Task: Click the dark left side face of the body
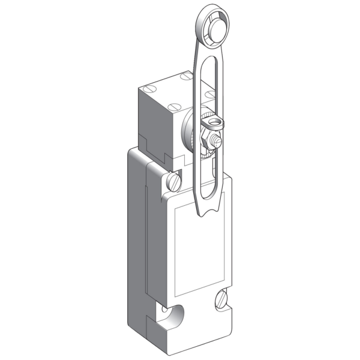tap(137, 240)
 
